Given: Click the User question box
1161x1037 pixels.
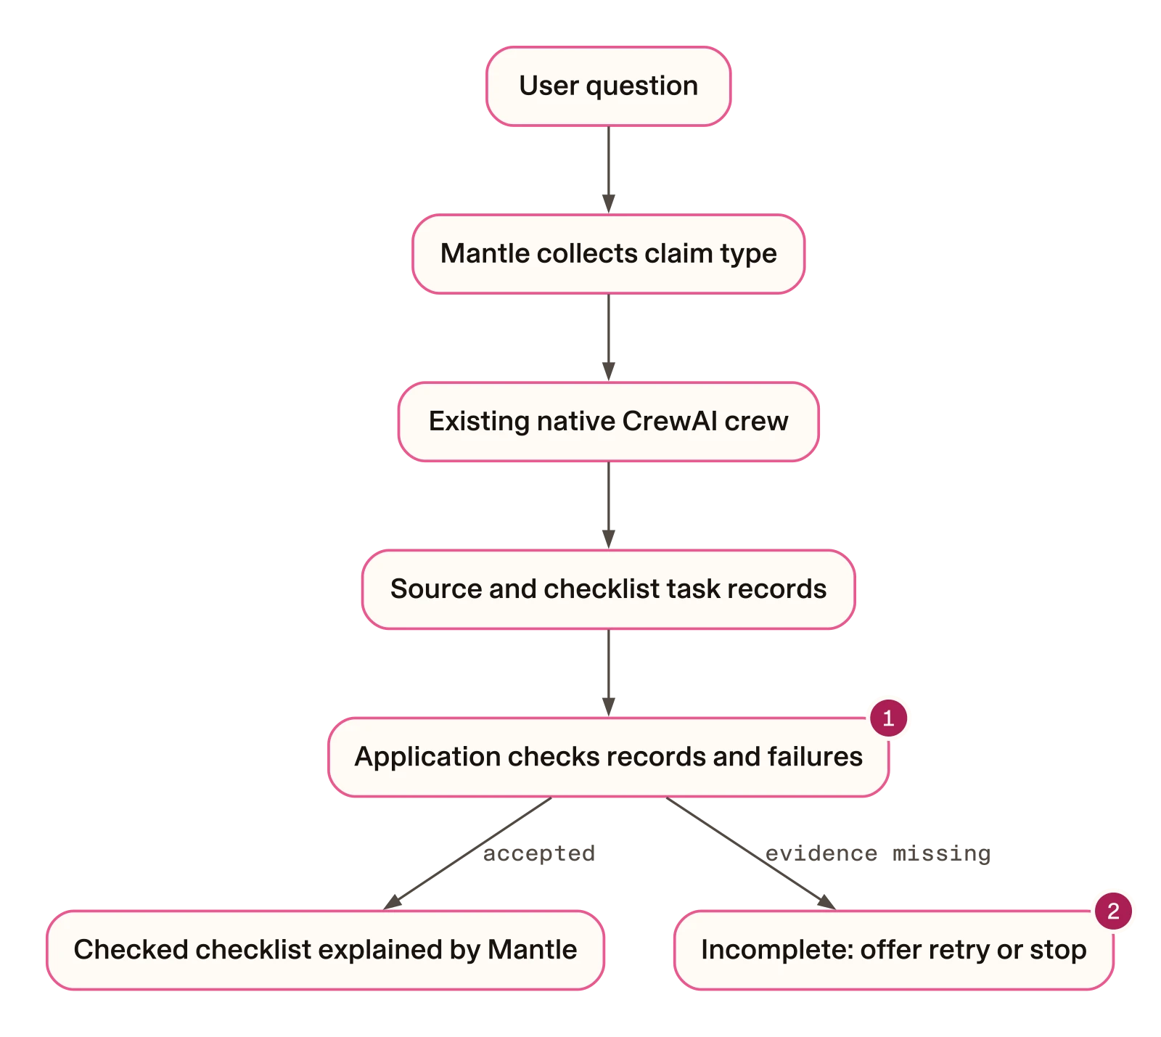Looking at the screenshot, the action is [608, 86].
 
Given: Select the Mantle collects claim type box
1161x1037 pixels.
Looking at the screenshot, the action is [608, 254].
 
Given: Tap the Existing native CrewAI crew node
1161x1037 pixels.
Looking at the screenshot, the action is [608, 422].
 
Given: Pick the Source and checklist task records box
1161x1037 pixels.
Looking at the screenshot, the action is [608, 589].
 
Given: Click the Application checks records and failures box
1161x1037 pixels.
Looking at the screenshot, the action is [608, 758].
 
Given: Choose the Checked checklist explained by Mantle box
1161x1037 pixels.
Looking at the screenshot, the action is [325, 950].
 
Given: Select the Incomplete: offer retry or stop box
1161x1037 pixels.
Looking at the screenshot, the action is [893, 950].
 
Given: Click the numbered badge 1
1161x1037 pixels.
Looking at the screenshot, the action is [888, 718].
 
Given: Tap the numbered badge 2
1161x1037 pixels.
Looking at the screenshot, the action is [1113, 911].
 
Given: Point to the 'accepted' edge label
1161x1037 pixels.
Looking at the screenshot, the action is [538, 853].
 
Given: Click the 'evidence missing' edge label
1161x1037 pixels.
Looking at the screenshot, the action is [878, 853].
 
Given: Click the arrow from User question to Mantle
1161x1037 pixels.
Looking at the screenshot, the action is [608, 170].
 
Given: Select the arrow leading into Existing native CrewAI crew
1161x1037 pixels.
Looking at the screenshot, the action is [608, 337].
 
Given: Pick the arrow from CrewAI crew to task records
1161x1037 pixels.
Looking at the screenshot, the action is [608, 505].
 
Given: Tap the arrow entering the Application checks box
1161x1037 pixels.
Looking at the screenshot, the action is [608, 673].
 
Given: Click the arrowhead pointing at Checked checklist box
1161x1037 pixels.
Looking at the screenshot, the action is [392, 902].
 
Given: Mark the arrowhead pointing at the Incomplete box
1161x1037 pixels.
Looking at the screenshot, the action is [827, 902].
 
